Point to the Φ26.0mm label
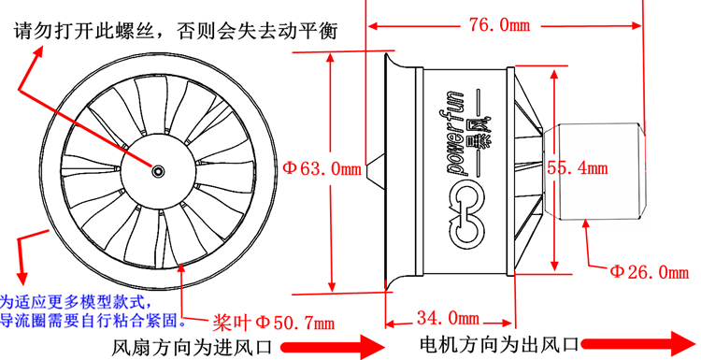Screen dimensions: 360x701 (x=650, y=273)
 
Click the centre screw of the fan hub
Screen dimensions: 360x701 (x=158, y=170)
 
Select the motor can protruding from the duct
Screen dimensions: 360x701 (x=594, y=169)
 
